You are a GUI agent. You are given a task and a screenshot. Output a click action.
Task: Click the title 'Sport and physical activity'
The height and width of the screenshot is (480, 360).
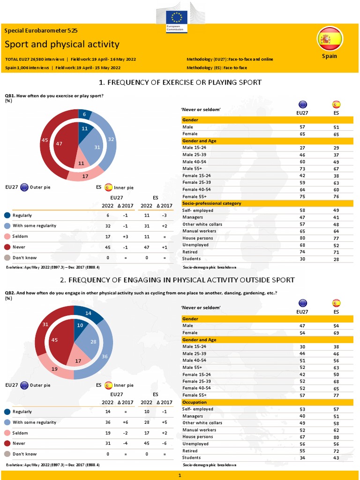tap(62, 45)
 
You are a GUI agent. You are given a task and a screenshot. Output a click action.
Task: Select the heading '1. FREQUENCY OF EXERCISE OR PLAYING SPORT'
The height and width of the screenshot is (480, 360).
tap(180, 82)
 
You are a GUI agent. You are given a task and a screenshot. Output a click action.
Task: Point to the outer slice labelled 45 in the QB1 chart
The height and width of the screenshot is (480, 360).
tap(45, 140)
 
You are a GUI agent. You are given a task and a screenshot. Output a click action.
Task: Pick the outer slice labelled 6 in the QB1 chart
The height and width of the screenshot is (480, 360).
tap(84, 114)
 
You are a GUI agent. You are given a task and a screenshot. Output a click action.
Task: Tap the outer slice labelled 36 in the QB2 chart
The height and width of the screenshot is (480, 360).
tap(105, 356)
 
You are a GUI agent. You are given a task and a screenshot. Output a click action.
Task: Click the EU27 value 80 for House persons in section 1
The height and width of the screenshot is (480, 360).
tap(302, 238)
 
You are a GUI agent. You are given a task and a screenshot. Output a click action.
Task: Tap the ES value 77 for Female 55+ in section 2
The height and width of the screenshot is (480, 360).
tap(336, 396)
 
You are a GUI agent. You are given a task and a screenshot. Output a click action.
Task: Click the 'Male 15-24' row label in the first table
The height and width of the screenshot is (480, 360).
tap(194, 148)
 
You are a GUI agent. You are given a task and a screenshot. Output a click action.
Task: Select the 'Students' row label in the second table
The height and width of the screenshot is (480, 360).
tap(191, 457)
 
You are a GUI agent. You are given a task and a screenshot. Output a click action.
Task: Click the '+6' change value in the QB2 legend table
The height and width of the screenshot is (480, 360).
tap(125, 422)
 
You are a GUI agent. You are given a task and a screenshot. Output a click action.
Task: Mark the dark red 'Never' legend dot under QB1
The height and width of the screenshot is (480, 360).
tap(7, 247)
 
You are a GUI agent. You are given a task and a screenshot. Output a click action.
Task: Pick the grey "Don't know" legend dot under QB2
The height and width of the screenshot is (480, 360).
tap(7, 454)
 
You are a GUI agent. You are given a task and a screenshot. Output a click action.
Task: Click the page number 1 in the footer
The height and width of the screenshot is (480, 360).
tap(180, 475)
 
